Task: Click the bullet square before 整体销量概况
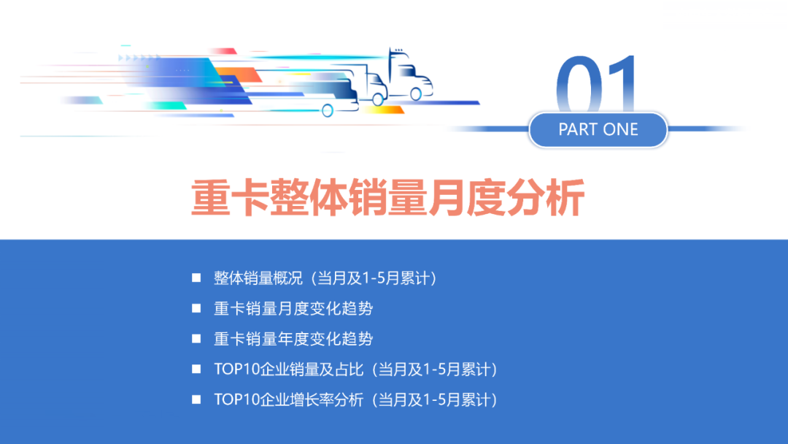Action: (196, 277)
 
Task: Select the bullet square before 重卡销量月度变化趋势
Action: (196, 308)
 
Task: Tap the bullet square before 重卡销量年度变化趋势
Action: (196, 339)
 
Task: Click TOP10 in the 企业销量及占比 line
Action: (231, 370)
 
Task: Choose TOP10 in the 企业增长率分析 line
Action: (231, 400)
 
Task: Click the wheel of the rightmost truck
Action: (416, 93)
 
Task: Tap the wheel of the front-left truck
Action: (328, 110)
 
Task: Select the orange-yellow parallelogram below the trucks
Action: (383, 110)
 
